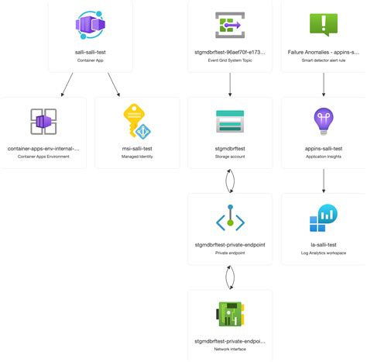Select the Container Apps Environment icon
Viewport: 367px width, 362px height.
pyautogui.click(x=43, y=122)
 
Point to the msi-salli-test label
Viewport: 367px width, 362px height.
pyautogui.click(x=137, y=148)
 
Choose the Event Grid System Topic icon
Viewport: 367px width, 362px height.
pyautogui.click(x=230, y=25)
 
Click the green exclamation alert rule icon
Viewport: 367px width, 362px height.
pyautogui.click(x=324, y=24)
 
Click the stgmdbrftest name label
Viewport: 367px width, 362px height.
pyautogui.click(x=230, y=148)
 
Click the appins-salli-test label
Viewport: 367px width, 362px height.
pyautogui.click(x=324, y=148)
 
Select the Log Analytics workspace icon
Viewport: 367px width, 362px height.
pyautogui.click(x=324, y=219)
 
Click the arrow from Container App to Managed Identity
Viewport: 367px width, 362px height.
pyautogui.click(x=113, y=84)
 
